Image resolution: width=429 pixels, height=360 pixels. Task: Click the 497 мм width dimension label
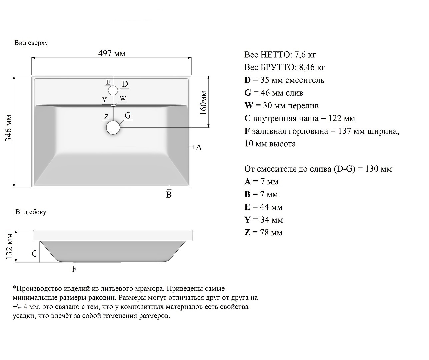(x=112, y=54)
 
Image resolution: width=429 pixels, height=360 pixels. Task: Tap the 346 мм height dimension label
(x=9, y=128)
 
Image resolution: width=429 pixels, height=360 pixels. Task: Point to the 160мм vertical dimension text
(x=204, y=103)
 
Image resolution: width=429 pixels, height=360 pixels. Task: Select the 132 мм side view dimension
(x=9, y=246)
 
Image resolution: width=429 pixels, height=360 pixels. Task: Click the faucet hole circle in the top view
(x=113, y=90)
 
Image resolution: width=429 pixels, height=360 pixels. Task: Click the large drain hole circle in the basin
(x=113, y=128)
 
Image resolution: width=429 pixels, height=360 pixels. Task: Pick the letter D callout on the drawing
(x=125, y=84)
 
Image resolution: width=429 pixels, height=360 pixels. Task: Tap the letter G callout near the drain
(x=128, y=115)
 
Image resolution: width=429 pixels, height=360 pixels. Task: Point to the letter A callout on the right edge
(x=199, y=147)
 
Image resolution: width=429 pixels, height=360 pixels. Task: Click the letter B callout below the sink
(x=169, y=195)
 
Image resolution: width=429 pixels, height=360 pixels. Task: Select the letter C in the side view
(x=35, y=254)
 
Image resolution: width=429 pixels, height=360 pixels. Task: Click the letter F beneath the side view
(x=74, y=269)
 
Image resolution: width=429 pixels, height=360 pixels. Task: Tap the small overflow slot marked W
(x=113, y=105)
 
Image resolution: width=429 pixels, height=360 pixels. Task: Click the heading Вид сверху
(x=31, y=43)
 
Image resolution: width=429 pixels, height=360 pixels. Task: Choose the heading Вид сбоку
(x=31, y=212)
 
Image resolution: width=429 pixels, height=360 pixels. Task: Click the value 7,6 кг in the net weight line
(x=305, y=55)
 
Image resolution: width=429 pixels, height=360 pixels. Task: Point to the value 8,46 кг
(x=312, y=67)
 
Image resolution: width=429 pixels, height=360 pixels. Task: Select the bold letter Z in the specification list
(x=247, y=233)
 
